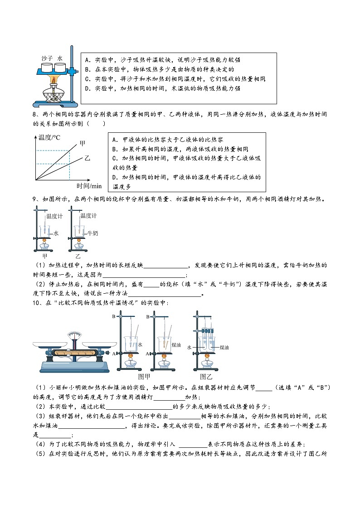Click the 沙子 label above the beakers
pos(47,58)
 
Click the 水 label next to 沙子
pos(60,58)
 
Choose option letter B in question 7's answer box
pos(88,69)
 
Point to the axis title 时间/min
pos(89,186)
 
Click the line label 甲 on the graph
pos(82,144)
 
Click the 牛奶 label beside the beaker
pos(92,233)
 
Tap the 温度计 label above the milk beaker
pos(88,216)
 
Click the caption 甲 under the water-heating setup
pos(44,256)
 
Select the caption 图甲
pos(144,376)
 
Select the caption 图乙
pos(206,376)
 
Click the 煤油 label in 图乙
pos(224,347)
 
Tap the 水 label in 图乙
pos(189,347)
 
